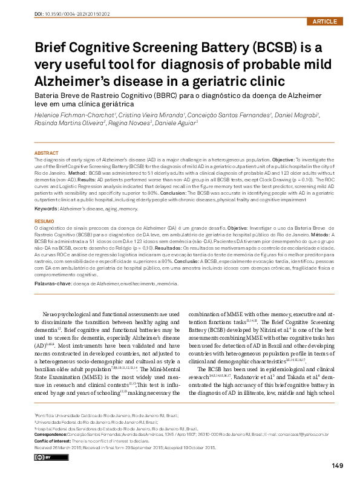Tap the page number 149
click(x=338, y=465)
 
